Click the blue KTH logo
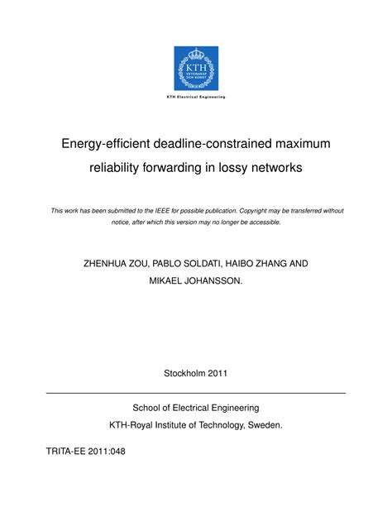[196, 68]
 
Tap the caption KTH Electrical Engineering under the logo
[196, 98]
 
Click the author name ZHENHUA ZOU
[117, 264]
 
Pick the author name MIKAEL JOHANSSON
[196, 282]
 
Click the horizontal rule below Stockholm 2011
[196, 392]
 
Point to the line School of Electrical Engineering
[196, 408]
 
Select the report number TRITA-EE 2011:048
[82, 454]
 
